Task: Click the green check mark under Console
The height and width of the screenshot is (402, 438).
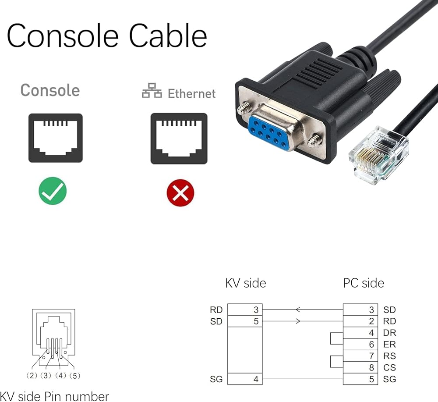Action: click(x=52, y=191)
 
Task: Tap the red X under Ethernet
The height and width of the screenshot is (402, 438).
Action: click(x=180, y=192)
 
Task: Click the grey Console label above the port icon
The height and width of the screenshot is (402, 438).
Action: click(x=50, y=90)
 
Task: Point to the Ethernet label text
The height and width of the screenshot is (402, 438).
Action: click(x=191, y=93)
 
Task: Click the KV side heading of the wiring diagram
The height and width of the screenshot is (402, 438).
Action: click(x=245, y=283)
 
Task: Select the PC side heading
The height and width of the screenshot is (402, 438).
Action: click(x=364, y=283)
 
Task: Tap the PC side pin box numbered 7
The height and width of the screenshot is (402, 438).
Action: click(x=360, y=356)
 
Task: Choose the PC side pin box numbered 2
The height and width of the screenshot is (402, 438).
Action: click(x=360, y=321)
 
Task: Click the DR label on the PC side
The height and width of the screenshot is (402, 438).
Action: click(x=389, y=333)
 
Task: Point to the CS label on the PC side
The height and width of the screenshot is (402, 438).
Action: click(x=389, y=367)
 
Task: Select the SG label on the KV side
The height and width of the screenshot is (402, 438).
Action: click(x=216, y=379)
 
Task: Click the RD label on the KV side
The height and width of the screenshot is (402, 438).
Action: click(x=216, y=310)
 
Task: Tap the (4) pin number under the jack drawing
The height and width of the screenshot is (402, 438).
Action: click(x=60, y=376)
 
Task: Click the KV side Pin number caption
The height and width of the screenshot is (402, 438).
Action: click(x=54, y=396)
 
